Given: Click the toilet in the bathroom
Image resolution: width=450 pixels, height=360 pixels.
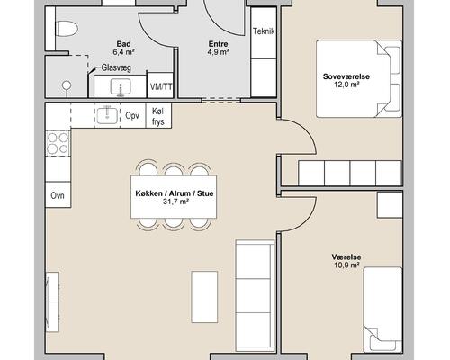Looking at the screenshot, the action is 67,29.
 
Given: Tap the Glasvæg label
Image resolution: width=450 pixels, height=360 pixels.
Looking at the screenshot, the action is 116,67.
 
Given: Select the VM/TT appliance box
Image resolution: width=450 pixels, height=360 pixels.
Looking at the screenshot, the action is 161,85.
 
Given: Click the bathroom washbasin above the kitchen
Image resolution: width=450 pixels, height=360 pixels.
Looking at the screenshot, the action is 121,87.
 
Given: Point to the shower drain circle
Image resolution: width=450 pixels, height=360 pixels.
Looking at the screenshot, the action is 67,85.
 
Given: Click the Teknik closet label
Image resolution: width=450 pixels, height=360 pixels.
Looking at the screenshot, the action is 264,31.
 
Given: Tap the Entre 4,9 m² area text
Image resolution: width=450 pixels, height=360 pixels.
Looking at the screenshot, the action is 219,48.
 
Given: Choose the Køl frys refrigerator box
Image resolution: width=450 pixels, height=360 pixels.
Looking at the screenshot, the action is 158,116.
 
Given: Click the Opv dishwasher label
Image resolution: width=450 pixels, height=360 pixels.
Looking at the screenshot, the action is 132,115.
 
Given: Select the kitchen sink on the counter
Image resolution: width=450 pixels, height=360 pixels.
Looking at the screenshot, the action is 107,116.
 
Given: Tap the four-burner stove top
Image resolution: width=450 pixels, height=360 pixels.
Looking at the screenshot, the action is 58,143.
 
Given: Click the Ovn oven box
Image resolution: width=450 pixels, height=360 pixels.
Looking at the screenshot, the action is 58,195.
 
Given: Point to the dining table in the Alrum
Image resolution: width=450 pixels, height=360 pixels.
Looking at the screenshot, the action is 174,197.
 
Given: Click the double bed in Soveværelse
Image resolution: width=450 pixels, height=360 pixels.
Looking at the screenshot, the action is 359,78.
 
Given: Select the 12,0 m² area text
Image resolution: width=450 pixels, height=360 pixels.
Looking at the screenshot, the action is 346,85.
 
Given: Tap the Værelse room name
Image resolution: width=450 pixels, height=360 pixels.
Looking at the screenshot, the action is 346,257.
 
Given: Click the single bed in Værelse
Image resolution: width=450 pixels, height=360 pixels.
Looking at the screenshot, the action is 382,310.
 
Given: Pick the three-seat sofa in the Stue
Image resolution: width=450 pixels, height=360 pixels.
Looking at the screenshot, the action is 256,295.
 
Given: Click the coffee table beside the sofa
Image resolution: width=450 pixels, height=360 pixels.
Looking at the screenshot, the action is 204,297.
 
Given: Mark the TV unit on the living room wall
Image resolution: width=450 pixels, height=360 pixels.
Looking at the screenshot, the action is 52,301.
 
